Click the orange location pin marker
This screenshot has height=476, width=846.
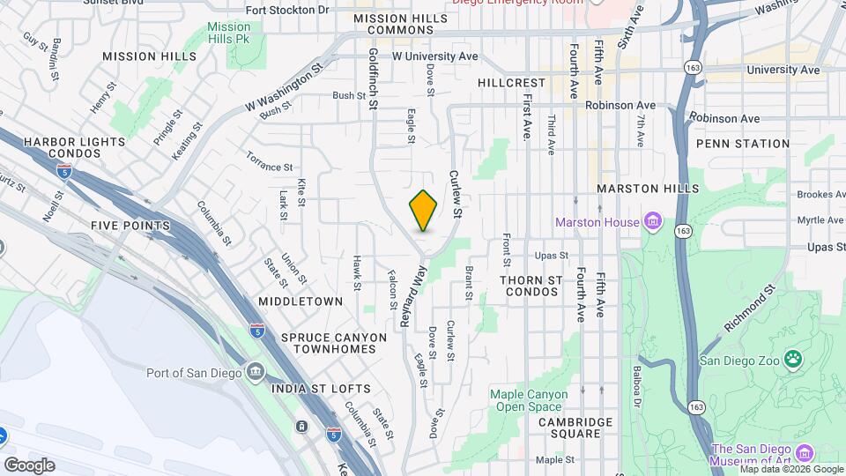click(424, 210)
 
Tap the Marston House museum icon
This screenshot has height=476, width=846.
click(653, 219)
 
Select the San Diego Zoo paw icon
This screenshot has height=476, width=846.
click(794, 359)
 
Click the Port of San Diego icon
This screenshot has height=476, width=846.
click(255, 370)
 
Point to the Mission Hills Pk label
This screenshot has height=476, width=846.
click(229, 33)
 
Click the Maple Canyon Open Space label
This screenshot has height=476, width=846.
click(526, 400)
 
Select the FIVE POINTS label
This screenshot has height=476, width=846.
click(130, 226)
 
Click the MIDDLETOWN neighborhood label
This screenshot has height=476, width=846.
click(301, 301)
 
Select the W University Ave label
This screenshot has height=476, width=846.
click(434, 56)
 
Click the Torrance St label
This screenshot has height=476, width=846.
click(269, 167)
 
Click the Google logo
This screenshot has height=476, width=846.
click(29, 465)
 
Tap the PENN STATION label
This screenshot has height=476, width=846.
click(742, 144)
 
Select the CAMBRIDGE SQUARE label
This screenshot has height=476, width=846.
click(575, 428)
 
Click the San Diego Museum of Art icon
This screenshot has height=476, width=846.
click(804, 454)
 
